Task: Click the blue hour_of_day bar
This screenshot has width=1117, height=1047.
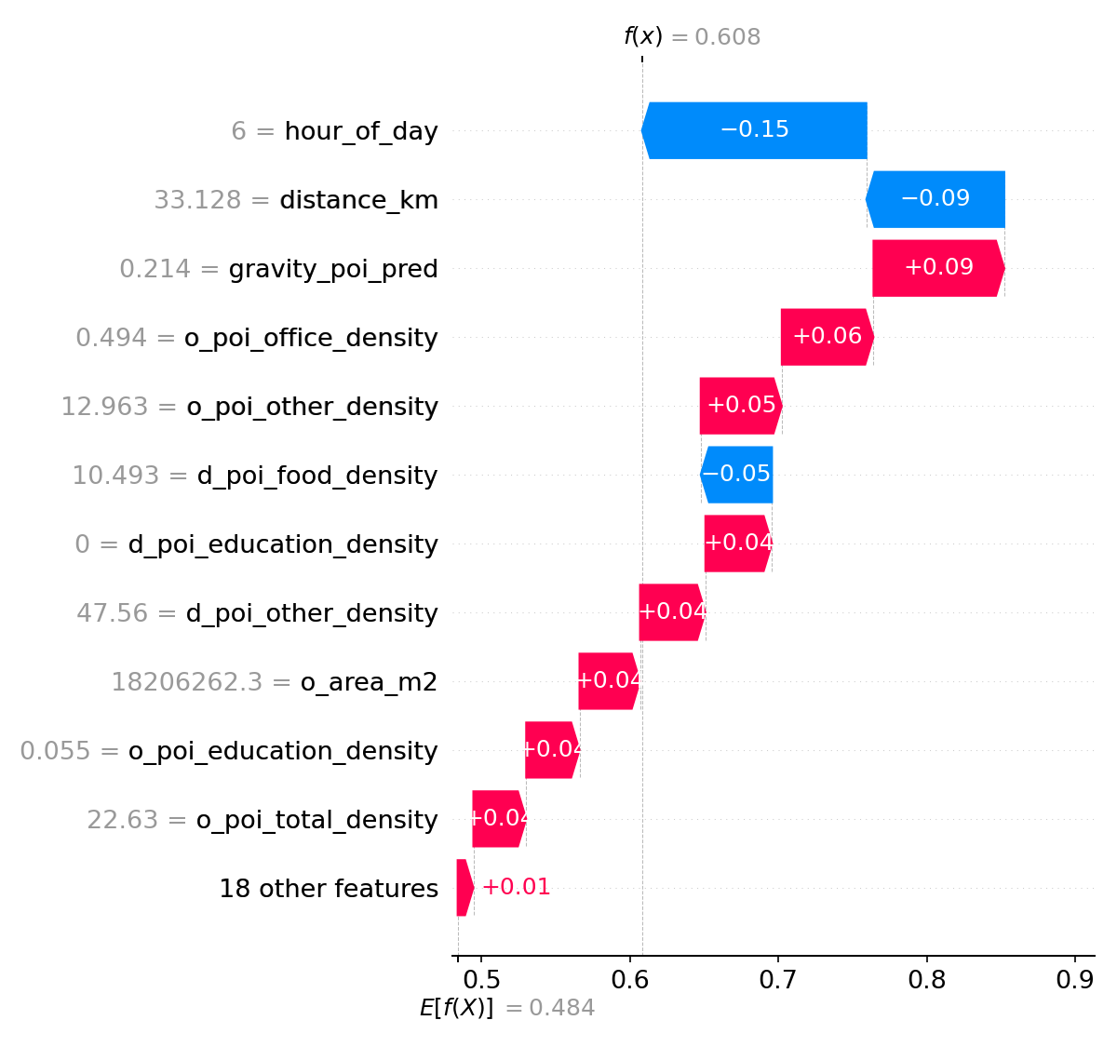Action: click(x=754, y=130)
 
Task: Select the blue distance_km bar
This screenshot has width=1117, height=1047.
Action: click(x=935, y=199)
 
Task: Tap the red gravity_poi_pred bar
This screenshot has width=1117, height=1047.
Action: click(x=937, y=268)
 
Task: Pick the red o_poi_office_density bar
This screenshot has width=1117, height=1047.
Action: click(x=827, y=337)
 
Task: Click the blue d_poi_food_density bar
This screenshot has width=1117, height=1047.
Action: click(x=736, y=475)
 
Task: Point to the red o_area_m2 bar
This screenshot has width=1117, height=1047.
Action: click(x=609, y=681)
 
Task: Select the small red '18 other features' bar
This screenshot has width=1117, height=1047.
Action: click(x=464, y=888)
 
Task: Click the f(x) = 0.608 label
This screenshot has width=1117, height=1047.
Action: click(x=692, y=37)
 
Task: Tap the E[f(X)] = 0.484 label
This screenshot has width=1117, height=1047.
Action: click(x=506, y=1008)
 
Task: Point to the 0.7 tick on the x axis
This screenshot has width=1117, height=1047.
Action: click(x=778, y=980)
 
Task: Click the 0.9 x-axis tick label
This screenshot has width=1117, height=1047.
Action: click(x=1074, y=980)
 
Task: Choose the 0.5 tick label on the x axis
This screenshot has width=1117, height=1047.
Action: click(x=481, y=980)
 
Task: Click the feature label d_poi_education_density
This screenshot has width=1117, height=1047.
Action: click(x=283, y=544)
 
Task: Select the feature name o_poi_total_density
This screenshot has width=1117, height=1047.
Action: click(x=316, y=820)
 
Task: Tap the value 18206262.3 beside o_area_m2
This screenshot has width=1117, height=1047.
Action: click(x=187, y=682)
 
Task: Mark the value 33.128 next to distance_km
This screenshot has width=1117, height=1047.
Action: click(x=197, y=200)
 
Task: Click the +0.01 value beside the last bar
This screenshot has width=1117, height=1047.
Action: click(x=516, y=887)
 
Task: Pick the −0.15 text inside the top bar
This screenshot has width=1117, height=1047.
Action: click(x=754, y=129)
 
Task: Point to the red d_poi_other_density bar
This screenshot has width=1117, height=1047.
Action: click(x=671, y=612)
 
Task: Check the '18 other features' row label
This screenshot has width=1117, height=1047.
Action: click(x=329, y=889)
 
